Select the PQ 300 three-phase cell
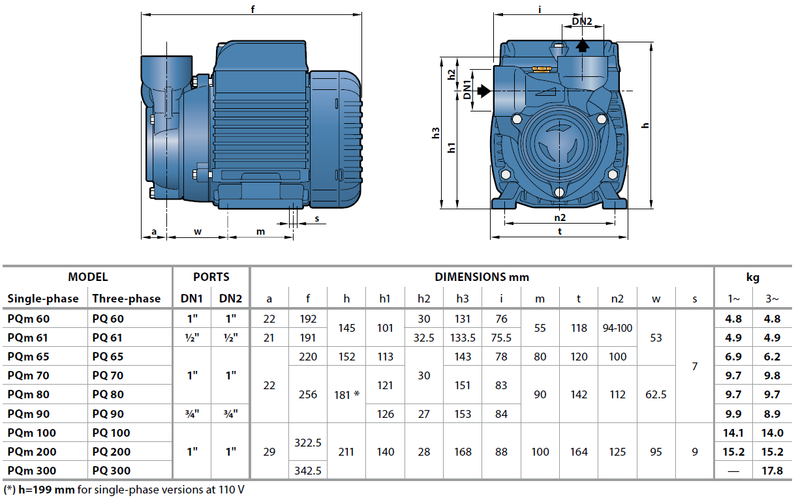point(112,471)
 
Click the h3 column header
point(463,299)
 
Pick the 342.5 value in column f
point(307,471)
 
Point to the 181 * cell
point(346,394)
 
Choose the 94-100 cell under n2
point(617,328)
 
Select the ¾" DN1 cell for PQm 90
point(192,414)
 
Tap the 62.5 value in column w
point(656,394)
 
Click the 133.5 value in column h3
point(463,338)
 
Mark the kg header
point(753,277)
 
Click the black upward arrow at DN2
point(582,45)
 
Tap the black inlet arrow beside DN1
point(483,92)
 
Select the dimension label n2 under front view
point(560,217)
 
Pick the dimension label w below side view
point(197,231)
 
